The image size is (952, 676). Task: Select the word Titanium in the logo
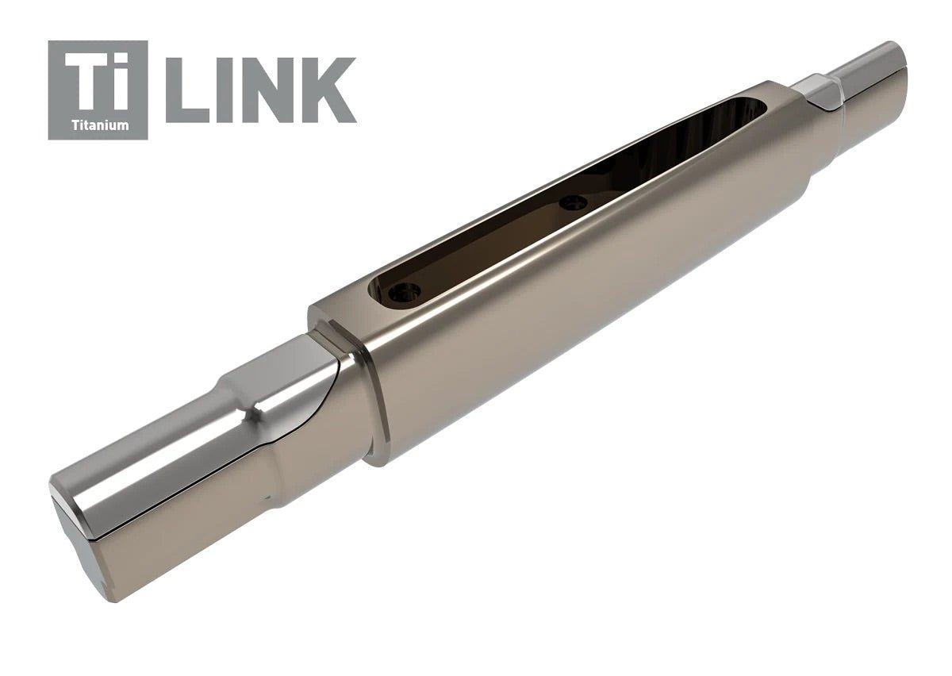(x=98, y=125)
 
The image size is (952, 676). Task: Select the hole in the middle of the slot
(x=572, y=203)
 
